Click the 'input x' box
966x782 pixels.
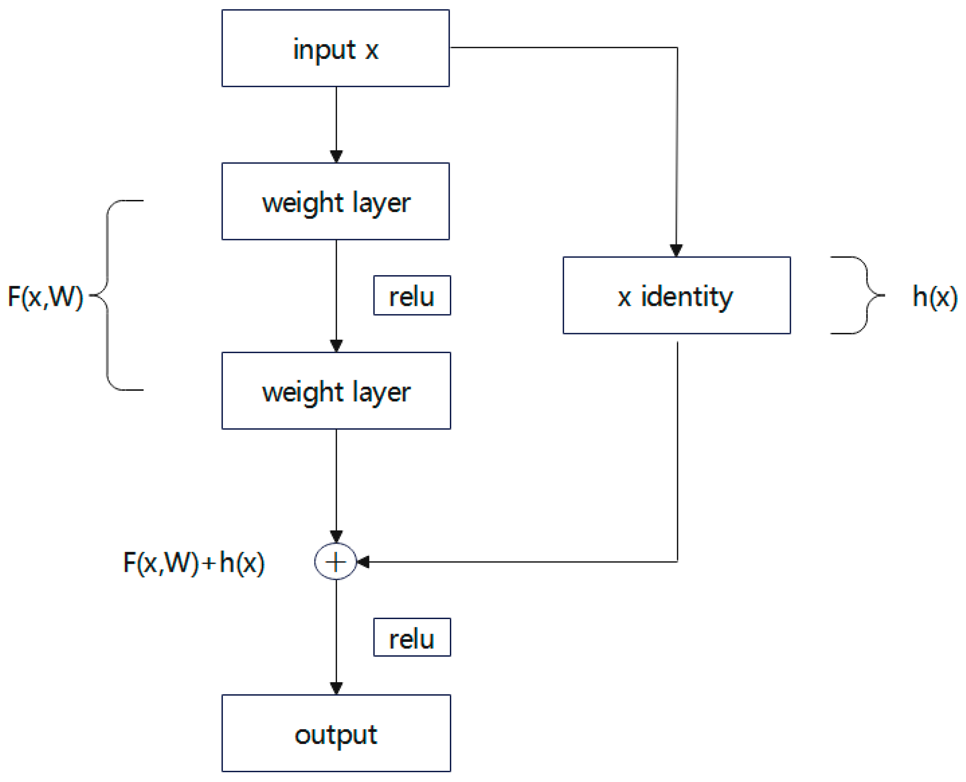tap(335, 48)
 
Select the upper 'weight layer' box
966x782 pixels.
tap(335, 201)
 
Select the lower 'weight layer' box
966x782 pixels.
tap(336, 391)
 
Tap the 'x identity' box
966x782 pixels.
tap(676, 296)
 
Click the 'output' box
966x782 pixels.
tap(336, 733)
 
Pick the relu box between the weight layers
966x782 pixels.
tap(412, 296)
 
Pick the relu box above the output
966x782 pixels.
tap(412, 637)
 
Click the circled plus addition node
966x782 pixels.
tap(335, 562)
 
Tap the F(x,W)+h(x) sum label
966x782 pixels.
tap(194, 562)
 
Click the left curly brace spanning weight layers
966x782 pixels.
tap(108, 295)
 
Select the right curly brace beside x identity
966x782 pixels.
tap(866, 295)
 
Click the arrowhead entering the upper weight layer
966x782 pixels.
tap(336, 156)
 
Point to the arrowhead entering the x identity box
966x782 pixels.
tap(676, 250)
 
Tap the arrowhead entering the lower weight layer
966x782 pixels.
tap(336, 346)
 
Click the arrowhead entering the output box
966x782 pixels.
tap(336, 688)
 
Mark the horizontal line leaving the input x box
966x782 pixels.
tap(562, 47)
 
